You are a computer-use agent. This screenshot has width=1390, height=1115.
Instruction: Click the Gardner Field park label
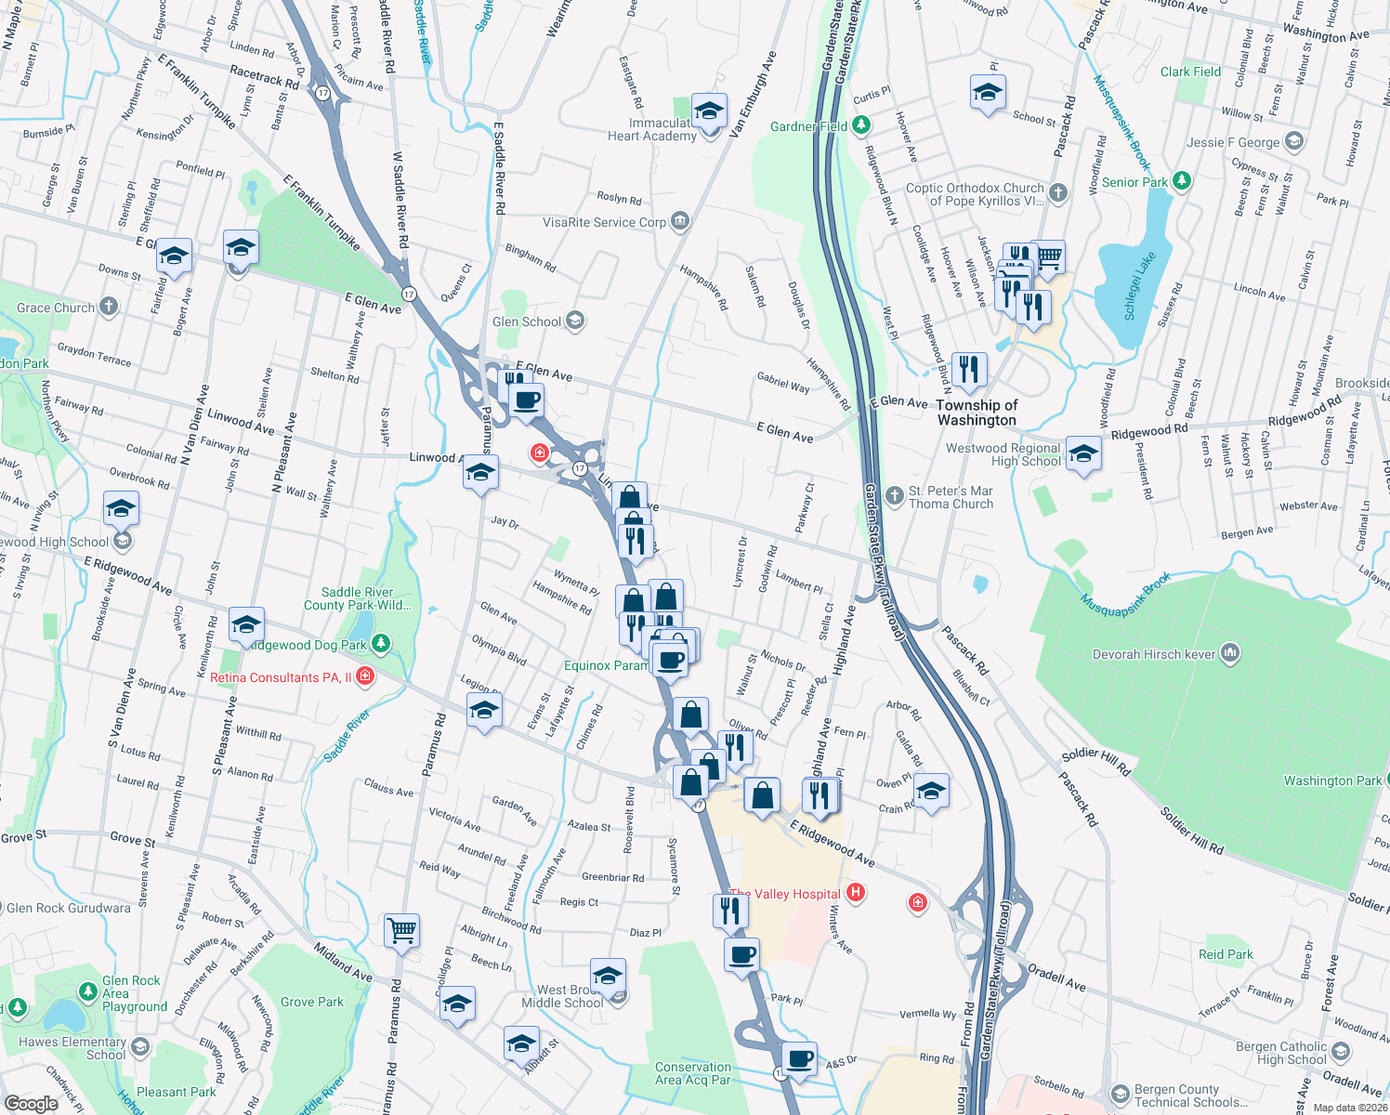[808, 126]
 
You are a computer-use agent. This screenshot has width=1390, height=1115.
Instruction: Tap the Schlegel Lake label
[1140, 285]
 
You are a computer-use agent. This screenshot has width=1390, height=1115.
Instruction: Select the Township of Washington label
[977, 413]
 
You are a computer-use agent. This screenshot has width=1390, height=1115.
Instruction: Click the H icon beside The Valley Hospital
[856, 893]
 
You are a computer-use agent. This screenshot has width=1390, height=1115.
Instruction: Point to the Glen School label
[527, 321]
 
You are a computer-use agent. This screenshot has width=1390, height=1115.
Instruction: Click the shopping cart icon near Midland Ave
[401, 930]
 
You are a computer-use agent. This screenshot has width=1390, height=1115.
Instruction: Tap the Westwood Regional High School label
[1003, 454]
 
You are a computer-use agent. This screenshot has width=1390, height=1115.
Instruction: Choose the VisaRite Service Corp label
[604, 222]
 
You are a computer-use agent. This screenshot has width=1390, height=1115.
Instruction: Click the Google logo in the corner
[32, 1103]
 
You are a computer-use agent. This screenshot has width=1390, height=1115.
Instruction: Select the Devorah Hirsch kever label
[1154, 654]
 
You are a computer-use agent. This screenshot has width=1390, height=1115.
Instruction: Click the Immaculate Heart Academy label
[662, 129]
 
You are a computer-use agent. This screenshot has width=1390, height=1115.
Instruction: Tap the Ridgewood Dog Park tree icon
[380, 644]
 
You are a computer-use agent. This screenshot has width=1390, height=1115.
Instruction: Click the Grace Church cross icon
[109, 307]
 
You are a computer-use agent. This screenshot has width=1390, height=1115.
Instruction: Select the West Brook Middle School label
[562, 996]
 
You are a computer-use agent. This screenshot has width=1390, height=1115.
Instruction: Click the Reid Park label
[1226, 954]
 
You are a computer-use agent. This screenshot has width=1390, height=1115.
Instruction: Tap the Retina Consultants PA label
[281, 677]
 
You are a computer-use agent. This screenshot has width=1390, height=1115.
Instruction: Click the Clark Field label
[1190, 72]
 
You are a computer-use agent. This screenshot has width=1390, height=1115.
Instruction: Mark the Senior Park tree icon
[1182, 181]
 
